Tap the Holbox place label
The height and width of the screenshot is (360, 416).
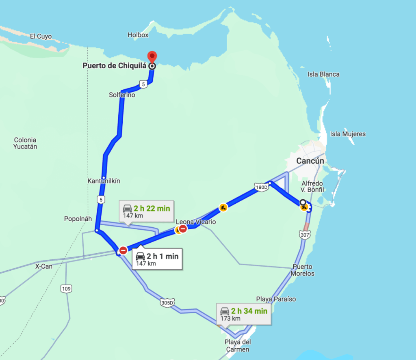[138, 35]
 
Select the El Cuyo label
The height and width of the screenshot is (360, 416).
[41, 37]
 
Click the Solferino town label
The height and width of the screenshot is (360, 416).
[122, 95]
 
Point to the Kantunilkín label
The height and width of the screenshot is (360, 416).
[104, 181]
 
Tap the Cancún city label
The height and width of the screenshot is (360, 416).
[310, 161]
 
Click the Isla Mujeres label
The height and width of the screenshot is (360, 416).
[348, 134]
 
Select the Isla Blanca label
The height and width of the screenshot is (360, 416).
[324, 74]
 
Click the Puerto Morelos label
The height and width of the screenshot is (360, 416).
[302, 270]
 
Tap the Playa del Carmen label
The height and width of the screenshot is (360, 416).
[237, 345]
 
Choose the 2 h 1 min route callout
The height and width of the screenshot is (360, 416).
[156, 259]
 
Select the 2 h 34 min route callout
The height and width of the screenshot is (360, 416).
[244, 314]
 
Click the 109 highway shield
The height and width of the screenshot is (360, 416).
[67, 289]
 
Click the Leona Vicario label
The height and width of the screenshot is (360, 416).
[196, 222]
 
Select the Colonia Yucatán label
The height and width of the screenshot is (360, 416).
[25, 143]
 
